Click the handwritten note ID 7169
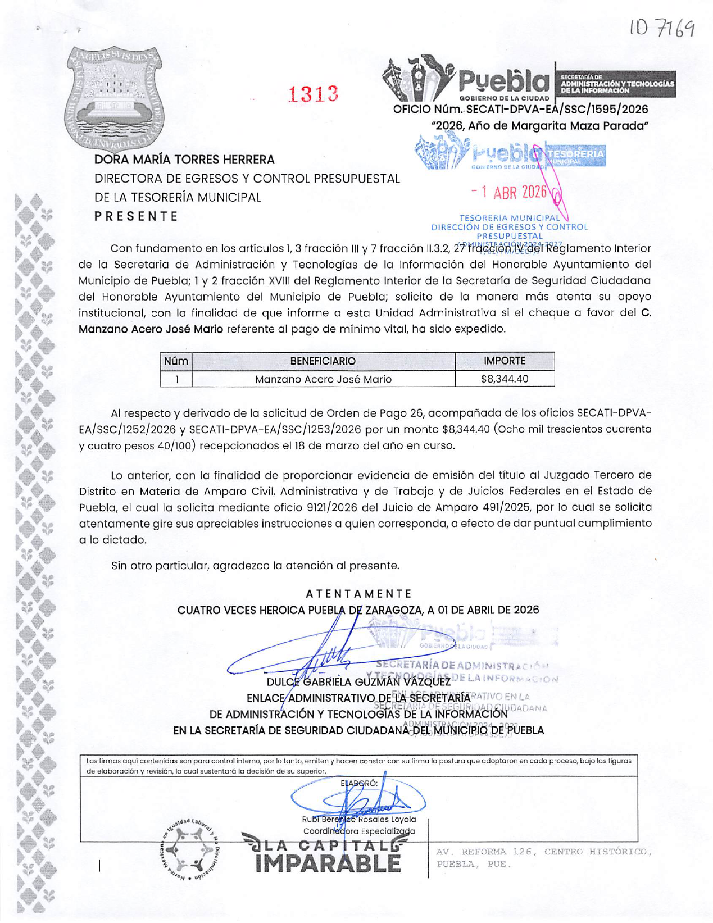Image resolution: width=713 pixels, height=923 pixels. pos(661,27)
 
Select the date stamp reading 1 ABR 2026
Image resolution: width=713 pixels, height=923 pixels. pos(511,192)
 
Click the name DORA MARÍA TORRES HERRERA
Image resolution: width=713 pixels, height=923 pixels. pos(184,160)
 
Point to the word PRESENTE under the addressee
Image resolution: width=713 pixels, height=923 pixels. pos(136,216)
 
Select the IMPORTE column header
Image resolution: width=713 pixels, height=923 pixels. pos(504,361)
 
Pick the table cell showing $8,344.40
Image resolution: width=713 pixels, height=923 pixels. pos(504,379)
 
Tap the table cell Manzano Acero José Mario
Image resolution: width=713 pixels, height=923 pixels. pos(323,379)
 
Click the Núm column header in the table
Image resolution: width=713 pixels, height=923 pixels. pos(176,361)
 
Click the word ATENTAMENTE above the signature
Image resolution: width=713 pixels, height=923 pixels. pos(358,594)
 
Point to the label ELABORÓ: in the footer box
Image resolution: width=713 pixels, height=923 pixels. pos(358,783)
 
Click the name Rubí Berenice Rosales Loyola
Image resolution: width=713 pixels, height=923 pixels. pos(358,819)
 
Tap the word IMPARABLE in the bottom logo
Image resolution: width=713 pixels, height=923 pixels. pos(328,863)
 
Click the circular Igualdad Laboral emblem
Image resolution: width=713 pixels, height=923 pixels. pos(189,849)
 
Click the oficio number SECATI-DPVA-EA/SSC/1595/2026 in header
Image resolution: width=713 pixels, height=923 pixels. pos(520,109)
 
